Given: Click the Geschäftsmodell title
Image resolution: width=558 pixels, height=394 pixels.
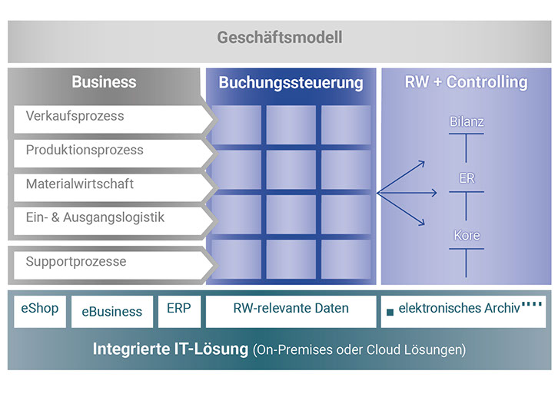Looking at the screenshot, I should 279,38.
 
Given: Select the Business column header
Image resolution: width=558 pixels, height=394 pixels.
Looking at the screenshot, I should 104,82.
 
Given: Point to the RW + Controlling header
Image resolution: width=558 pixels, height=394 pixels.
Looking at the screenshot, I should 466,82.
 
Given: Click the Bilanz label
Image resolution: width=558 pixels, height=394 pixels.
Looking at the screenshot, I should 467,122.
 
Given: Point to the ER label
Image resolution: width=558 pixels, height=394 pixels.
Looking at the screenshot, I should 467,179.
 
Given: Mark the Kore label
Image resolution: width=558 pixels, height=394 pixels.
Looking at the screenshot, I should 467,236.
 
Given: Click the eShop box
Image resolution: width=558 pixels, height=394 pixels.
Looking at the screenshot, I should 40,310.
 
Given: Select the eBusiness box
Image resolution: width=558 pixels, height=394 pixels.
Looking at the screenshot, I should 111,312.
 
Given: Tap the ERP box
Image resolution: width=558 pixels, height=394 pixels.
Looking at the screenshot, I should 179,310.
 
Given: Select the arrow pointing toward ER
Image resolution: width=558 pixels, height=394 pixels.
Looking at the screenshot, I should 407,192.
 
